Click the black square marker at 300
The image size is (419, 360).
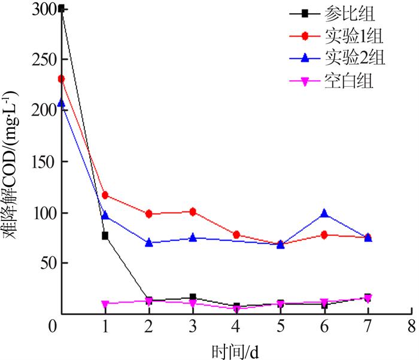pos(61,8)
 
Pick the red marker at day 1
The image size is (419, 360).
pos(105,195)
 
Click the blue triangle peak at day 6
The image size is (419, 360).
pos(324,213)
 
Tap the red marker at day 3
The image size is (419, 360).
pos(193,211)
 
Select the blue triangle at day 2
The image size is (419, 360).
pos(149,243)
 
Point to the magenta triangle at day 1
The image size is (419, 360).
pos(105,304)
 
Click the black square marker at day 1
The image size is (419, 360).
pos(105,236)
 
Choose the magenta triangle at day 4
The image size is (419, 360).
pos(236,309)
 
